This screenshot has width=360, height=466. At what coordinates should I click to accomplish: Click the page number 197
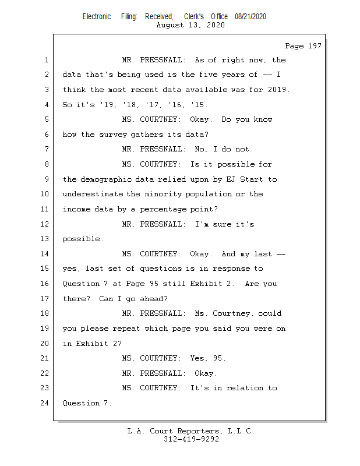click(x=314, y=46)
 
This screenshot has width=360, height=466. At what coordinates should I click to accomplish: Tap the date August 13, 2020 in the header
click(x=191, y=25)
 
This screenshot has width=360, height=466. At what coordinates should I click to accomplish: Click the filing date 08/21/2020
click(x=250, y=17)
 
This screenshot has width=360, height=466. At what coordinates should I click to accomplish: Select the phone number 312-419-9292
click(x=191, y=439)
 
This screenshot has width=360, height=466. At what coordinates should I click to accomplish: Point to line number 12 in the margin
click(x=45, y=224)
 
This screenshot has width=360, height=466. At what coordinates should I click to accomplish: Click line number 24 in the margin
click(x=45, y=403)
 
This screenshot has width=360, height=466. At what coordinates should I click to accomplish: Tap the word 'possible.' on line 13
click(x=83, y=239)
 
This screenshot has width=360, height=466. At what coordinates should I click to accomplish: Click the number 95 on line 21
click(x=220, y=358)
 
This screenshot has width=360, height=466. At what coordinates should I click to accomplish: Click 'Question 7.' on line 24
click(x=86, y=403)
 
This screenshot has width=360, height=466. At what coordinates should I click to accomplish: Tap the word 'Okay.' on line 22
click(x=205, y=373)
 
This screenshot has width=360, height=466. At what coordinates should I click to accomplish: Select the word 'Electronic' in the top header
click(x=97, y=17)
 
